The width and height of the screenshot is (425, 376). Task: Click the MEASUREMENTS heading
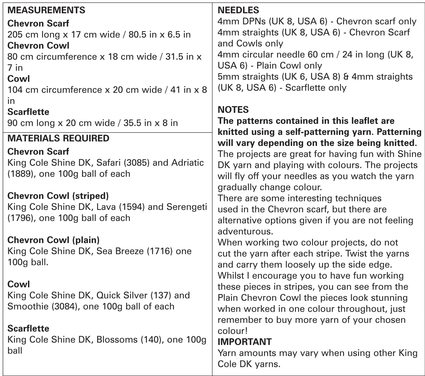(46, 10)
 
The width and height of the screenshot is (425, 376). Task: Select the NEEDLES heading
(238, 10)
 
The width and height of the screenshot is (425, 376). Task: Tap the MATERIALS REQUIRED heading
(58, 138)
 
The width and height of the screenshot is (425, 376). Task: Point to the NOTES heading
(233, 110)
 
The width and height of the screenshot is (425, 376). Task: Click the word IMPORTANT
(244, 342)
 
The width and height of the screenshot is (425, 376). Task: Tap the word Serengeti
(187, 207)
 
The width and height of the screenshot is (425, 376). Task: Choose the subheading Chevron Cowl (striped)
(58, 196)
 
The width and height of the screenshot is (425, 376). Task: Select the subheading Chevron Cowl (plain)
(54, 240)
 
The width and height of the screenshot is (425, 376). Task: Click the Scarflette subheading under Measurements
(28, 112)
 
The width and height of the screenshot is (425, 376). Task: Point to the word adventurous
(245, 231)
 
